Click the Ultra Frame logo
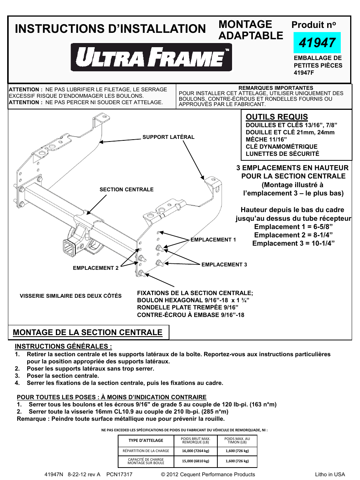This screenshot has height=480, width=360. coord(151,57)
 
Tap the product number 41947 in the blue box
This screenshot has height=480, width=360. coord(317,43)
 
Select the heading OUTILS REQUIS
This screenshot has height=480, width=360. coord(277,117)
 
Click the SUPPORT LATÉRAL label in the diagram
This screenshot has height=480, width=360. coord(168,137)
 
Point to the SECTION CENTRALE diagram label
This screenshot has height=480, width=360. coord(126,189)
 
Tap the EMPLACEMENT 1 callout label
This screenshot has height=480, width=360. coord(213,240)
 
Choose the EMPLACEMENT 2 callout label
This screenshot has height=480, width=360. coord(95,268)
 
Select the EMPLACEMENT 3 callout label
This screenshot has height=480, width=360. coord(224,265)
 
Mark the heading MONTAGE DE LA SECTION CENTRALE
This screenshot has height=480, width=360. coord(88,332)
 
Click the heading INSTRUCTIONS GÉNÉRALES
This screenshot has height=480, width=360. coord(63,346)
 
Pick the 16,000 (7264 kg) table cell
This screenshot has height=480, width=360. coord(195,451)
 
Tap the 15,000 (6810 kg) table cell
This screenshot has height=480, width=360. coord(195,461)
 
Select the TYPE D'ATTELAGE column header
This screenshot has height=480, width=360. coord(146,440)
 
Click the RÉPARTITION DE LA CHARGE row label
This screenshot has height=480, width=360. coord(146,451)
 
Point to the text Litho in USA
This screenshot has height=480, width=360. coord(330,474)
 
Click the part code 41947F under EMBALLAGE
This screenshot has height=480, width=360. coord(304,72)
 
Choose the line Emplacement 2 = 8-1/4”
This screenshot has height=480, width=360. coord(293,235)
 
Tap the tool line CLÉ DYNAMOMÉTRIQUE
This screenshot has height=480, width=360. coord(282,146)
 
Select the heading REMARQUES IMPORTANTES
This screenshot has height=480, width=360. coord(275,88)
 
